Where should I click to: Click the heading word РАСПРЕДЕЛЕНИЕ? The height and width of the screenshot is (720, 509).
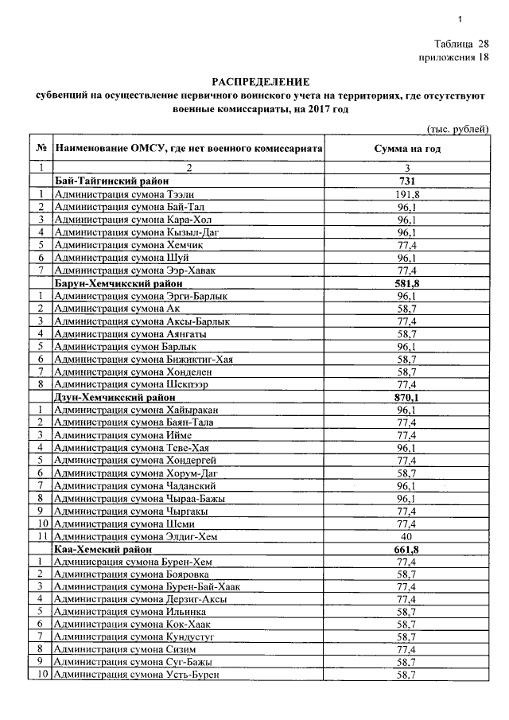pos(259,82)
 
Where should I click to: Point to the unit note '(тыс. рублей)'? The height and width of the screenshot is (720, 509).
pos(457,130)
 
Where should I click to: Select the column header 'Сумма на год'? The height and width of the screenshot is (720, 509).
pos(406,149)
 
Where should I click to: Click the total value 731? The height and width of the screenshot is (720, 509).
pos(406,181)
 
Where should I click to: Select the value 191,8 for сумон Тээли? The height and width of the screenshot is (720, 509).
pos(406,194)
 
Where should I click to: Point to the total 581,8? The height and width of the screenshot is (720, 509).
pos(406,283)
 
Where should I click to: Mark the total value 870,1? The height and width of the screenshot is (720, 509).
pos(406,397)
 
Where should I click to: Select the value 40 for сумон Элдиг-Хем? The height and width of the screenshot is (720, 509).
pos(406,537)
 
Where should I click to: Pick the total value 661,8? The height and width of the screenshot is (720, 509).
pos(406,550)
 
